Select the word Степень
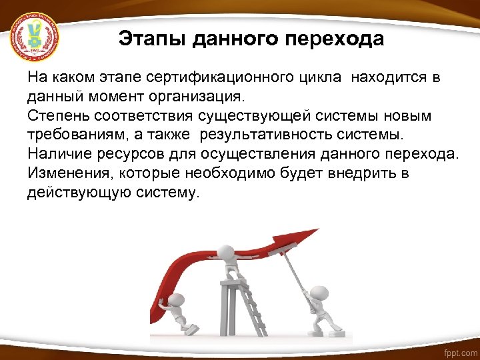coord(55,116)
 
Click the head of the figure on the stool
coord(228,253)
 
